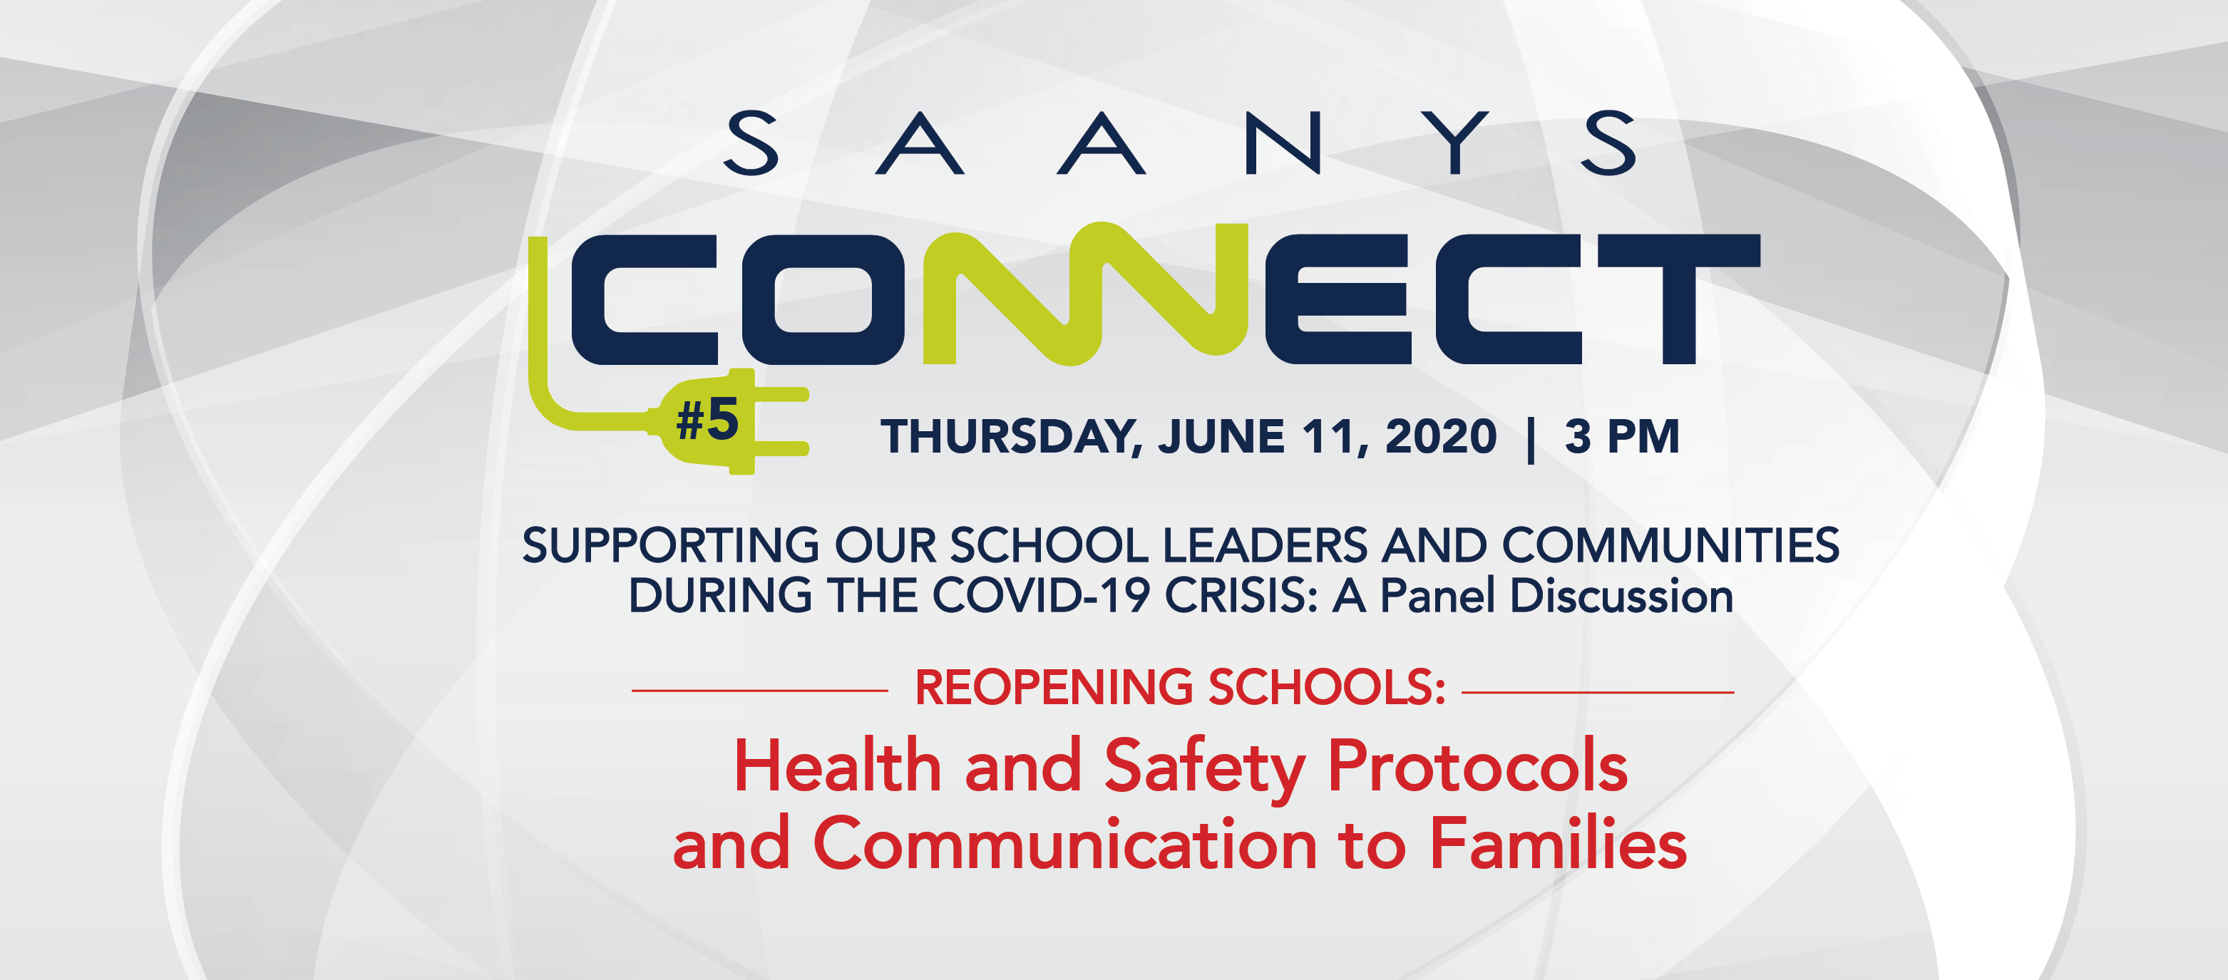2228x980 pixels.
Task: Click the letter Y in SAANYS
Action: click(x=1457, y=143)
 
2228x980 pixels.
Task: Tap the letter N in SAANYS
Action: click(x=1283, y=143)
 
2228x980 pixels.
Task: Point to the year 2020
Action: click(x=1441, y=436)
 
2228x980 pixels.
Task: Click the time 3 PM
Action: click(x=1622, y=436)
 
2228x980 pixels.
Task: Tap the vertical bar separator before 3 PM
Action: click(x=1531, y=440)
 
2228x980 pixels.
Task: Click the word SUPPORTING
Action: click(x=670, y=546)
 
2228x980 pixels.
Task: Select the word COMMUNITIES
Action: click(x=1670, y=545)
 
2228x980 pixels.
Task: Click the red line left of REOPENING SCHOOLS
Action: click(x=760, y=690)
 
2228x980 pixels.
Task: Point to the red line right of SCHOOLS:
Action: click(x=1598, y=692)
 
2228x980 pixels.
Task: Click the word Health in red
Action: click(x=837, y=766)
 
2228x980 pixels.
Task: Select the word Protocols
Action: click(x=1477, y=766)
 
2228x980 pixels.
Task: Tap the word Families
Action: click(x=1558, y=843)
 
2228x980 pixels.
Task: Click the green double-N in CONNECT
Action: click(x=1085, y=294)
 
